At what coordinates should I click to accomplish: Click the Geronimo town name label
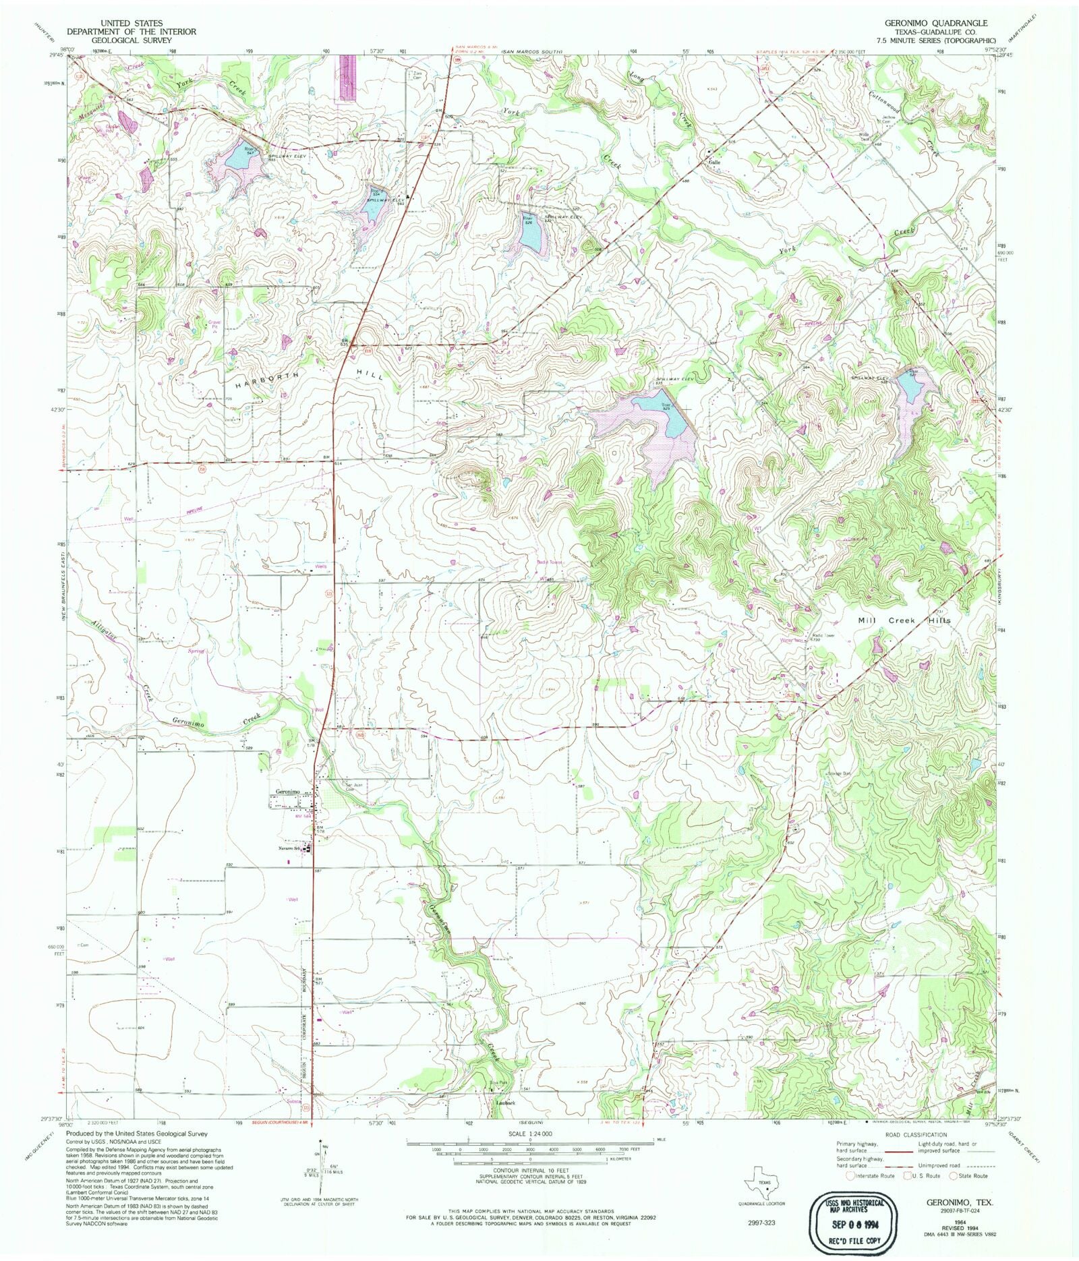287,791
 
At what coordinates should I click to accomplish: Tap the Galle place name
714,162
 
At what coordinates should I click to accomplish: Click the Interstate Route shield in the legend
850,1175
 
